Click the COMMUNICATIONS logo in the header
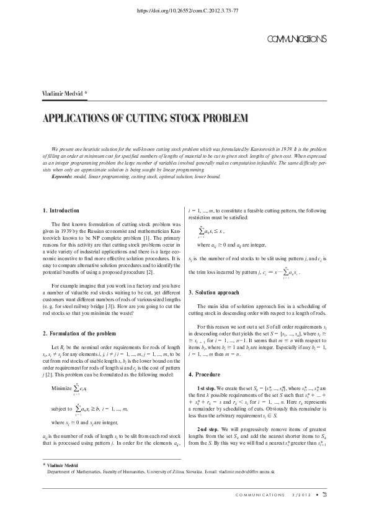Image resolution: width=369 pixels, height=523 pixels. [296, 39]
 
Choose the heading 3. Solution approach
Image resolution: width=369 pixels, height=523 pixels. [218, 292]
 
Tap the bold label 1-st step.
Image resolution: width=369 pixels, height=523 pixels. [207, 370]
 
